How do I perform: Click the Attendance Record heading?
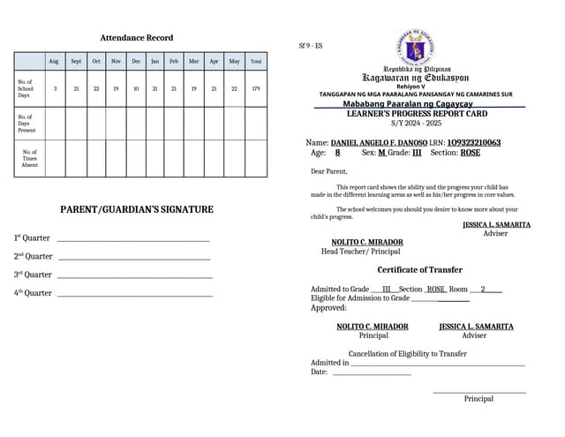tap(136, 38)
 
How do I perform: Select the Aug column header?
tap(54, 62)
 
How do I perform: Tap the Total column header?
tap(256, 62)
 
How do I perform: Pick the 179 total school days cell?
tap(256, 88)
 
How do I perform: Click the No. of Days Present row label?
tap(26, 124)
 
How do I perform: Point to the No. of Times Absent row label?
tap(29, 158)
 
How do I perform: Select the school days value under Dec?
tap(136, 88)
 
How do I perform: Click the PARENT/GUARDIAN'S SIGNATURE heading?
tap(136, 209)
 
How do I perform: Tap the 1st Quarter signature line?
tap(132, 239)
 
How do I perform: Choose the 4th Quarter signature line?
tap(134, 294)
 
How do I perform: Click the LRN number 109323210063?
tap(473, 142)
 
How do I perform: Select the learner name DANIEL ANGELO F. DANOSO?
tap(379, 142)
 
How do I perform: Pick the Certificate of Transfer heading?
tap(419, 270)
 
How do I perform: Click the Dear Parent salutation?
tap(328, 171)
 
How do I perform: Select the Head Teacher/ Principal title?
tap(360, 252)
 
